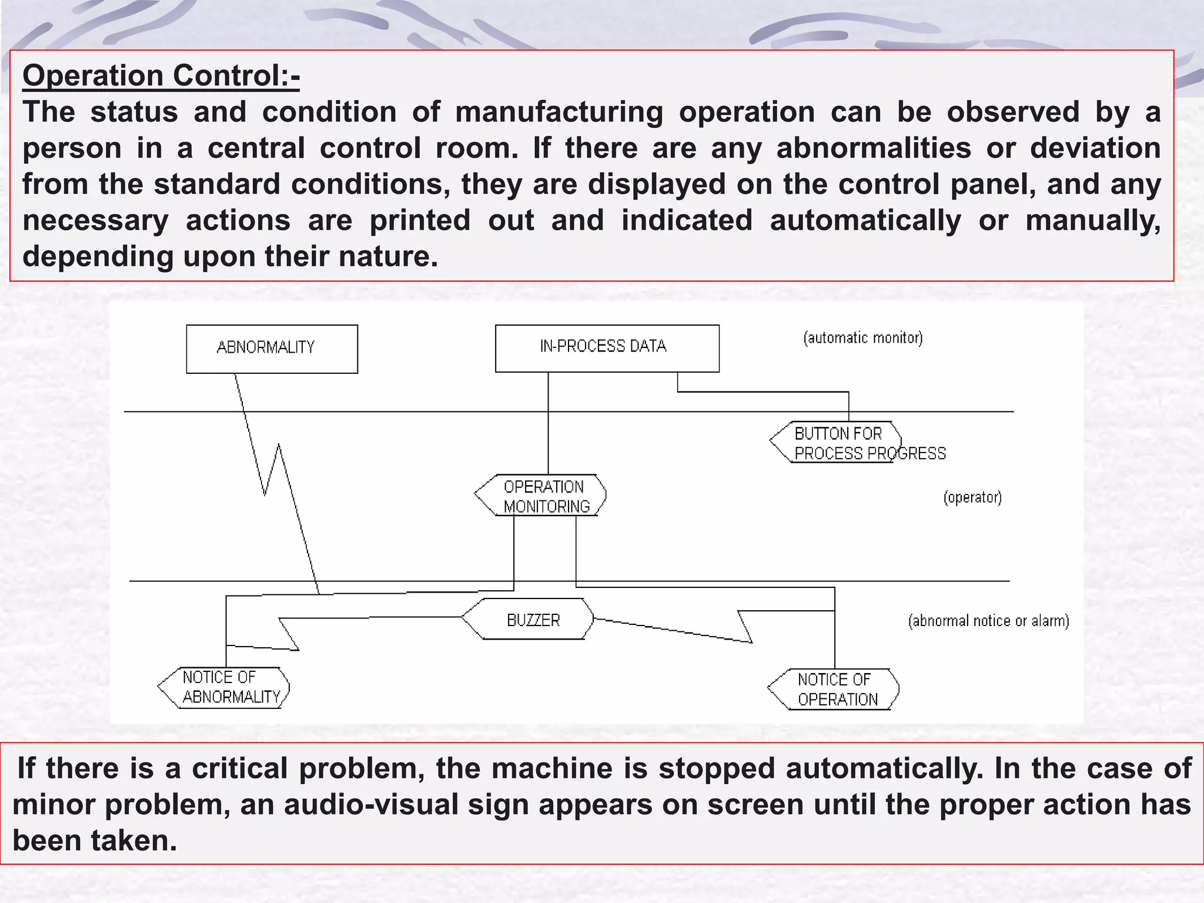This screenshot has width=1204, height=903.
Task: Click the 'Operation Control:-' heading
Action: pyautogui.click(x=160, y=76)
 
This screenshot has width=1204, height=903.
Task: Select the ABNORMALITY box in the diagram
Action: pyautogui.click(x=272, y=349)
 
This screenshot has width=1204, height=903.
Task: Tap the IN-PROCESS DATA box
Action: pyautogui.click(x=607, y=348)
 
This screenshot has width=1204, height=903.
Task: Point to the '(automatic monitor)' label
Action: pyautogui.click(x=862, y=338)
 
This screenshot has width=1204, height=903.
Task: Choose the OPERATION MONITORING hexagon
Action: pyautogui.click(x=541, y=496)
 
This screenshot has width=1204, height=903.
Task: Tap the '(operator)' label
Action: pyautogui.click(x=972, y=497)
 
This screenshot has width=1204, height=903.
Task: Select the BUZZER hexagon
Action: pyautogui.click(x=528, y=620)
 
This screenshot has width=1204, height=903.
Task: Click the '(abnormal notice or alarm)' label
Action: pyautogui.click(x=988, y=621)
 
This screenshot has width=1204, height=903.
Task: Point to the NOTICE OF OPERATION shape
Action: pyautogui.click(x=834, y=690)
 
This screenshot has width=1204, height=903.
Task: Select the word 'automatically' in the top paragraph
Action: pyautogui.click(x=865, y=220)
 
